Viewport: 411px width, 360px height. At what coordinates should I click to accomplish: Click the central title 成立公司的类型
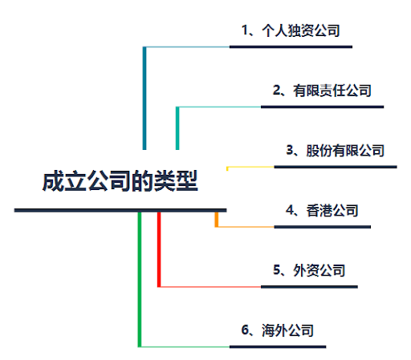point(120,181)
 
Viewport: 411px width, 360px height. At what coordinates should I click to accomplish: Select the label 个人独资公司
point(301,30)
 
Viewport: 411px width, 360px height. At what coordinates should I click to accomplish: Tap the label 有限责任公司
point(332,91)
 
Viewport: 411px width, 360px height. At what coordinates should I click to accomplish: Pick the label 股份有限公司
point(345,151)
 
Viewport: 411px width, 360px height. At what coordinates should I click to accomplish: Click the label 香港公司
point(332,210)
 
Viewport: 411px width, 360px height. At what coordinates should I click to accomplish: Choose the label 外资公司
point(319,270)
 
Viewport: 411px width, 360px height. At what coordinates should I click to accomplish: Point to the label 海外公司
point(287,330)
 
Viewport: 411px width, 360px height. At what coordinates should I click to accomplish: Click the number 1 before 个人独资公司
point(245,30)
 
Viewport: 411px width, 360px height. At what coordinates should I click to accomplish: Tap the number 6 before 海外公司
point(245,330)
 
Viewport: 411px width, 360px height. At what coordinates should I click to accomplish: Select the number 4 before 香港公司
point(290,210)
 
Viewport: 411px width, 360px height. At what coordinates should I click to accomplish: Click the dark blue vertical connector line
point(144,98)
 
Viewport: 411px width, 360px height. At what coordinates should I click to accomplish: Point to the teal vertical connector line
point(177,128)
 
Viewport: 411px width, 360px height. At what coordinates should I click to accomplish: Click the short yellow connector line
point(250,167)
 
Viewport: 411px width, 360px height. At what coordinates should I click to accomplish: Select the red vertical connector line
point(159,249)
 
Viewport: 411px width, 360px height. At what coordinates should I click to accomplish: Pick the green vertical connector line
point(140,280)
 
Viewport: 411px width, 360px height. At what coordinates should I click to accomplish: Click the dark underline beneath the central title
point(120,210)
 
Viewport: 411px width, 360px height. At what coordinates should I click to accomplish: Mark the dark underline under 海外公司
point(278,347)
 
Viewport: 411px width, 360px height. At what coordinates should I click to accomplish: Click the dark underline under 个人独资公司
point(291,47)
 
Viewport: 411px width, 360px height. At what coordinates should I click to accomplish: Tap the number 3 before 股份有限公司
point(290,150)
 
